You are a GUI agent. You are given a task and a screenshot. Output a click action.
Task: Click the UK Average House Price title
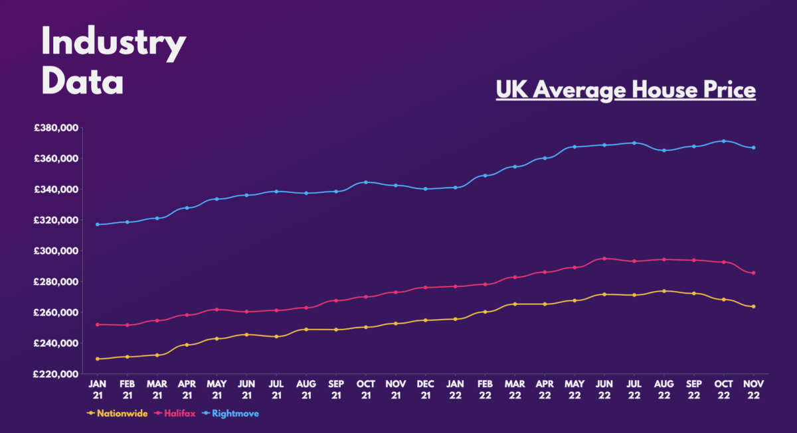[626, 90]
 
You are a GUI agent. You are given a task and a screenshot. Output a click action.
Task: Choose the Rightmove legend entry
[232, 413]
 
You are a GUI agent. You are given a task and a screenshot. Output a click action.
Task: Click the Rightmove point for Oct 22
[723, 141]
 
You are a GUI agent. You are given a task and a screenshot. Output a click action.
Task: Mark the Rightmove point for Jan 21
[98, 224]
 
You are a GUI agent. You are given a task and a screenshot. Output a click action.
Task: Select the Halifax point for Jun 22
[604, 259]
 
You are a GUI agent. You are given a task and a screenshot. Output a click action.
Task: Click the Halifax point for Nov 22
[753, 273]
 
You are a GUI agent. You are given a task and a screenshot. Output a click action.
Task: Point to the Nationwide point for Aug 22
[664, 291]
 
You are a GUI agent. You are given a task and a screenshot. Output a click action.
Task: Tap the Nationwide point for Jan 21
[98, 359]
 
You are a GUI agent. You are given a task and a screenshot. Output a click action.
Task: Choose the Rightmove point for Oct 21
[365, 182]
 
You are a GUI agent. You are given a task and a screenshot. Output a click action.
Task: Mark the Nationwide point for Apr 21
[187, 345]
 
